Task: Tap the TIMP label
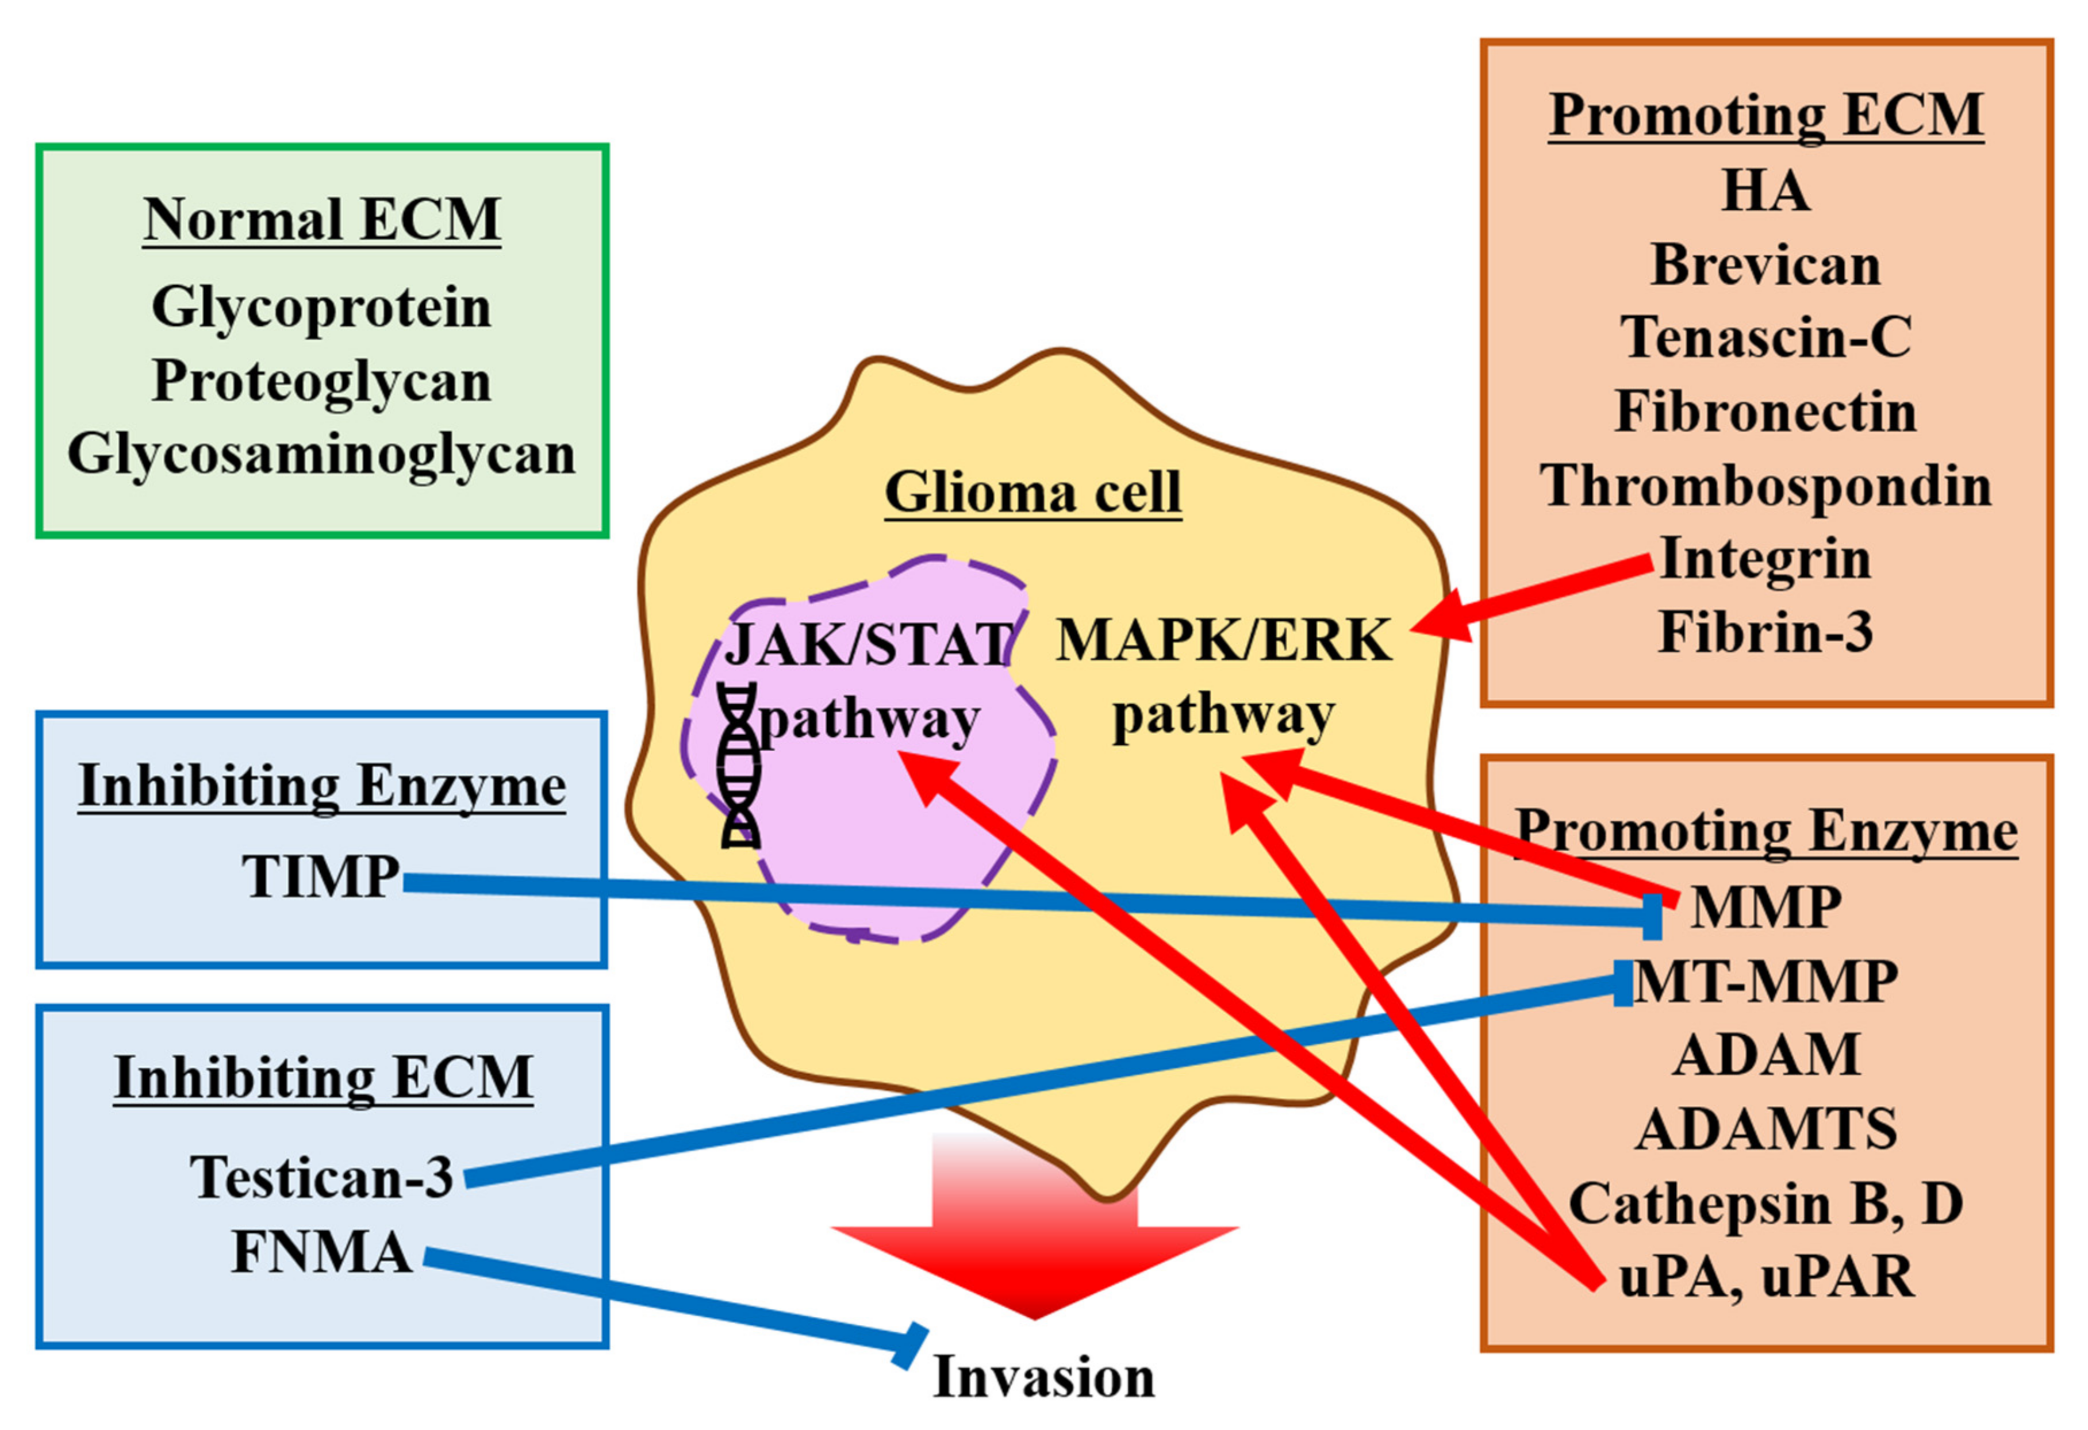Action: coord(321,876)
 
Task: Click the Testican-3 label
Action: coord(321,1177)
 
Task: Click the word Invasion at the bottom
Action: coord(1044,1377)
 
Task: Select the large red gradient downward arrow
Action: coord(1035,1240)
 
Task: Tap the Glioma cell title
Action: coord(1033,492)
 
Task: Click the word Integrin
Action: coord(1765,559)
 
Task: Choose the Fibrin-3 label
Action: coord(1765,632)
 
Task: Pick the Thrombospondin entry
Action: coord(1765,486)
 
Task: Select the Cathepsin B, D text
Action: coord(1765,1203)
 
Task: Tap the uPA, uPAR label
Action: coord(1765,1277)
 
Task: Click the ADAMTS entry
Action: coord(1765,1129)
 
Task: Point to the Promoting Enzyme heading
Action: coord(1765,831)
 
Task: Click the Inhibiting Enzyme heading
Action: coord(321,786)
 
